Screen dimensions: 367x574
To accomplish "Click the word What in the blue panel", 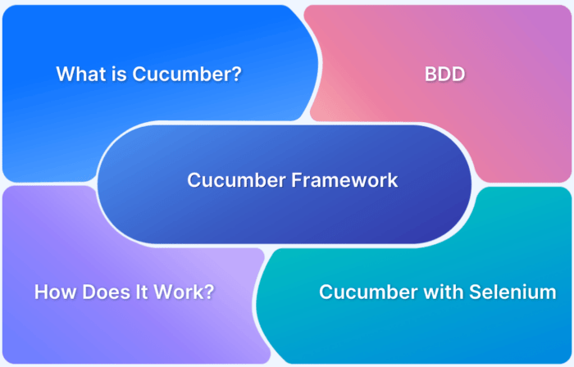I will click(x=79, y=74).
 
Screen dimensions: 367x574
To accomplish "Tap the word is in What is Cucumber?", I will click(x=114, y=74).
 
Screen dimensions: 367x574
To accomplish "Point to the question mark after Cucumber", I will click(x=237, y=74).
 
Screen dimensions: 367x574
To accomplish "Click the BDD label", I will click(x=444, y=75).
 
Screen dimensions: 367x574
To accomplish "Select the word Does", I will click(x=102, y=291).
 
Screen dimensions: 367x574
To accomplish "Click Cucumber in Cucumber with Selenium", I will click(x=360, y=291).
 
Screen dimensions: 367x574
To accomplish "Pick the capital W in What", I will click(x=64, y=74).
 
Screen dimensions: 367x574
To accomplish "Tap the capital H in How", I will click(x=40, y=291).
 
